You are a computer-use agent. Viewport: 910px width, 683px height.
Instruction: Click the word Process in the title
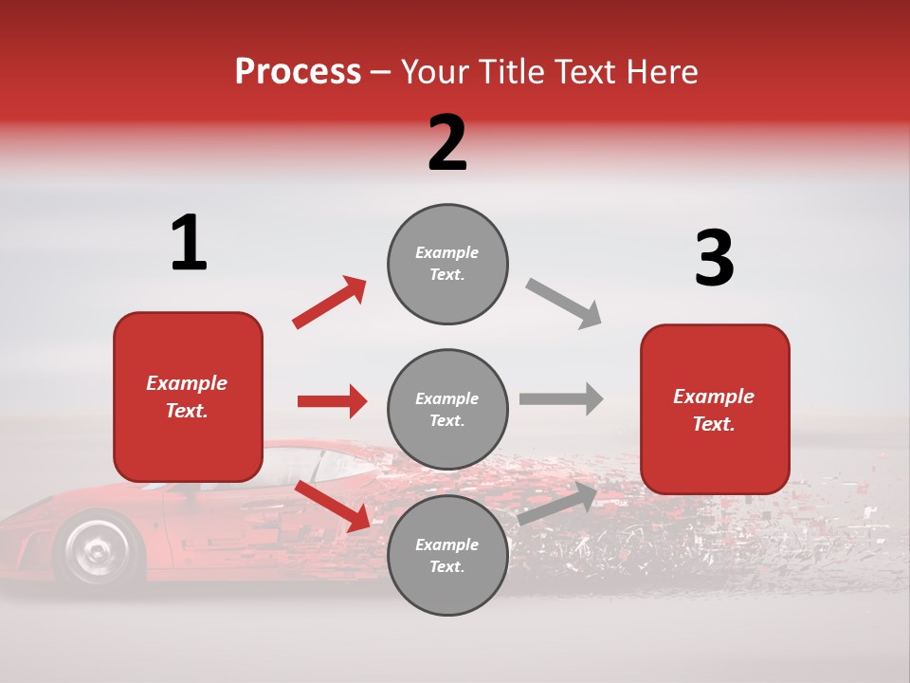coord(298,72)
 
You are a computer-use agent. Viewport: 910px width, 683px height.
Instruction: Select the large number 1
coord(189,244)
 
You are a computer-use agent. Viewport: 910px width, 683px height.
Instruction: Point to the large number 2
coord(447,143)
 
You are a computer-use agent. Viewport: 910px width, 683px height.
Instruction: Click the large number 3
coord(714,258)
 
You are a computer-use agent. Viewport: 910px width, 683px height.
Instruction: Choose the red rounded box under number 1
coord(188,397)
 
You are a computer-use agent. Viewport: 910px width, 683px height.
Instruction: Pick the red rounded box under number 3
coord(715,409)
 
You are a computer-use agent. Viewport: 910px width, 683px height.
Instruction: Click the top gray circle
coord(447,264)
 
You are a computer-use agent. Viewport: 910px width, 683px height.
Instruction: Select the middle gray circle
coord(447,409)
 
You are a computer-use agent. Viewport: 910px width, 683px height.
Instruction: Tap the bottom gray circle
coord(447,555)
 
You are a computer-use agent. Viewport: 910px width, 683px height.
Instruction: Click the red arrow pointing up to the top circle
coord(330,302)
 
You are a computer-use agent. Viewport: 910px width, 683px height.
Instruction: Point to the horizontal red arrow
coord(332,401)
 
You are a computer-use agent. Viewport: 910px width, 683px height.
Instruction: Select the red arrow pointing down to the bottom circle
coord(332,506)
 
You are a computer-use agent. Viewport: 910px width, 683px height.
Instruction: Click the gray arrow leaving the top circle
coord(564,304)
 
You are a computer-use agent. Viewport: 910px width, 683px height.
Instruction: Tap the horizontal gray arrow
coord(560,398)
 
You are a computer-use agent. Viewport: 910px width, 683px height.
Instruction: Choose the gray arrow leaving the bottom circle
coord(558,504)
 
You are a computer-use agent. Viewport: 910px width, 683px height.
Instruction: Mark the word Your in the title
coord(436,72)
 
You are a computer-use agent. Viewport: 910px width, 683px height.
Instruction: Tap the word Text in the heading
coord(587,72)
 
